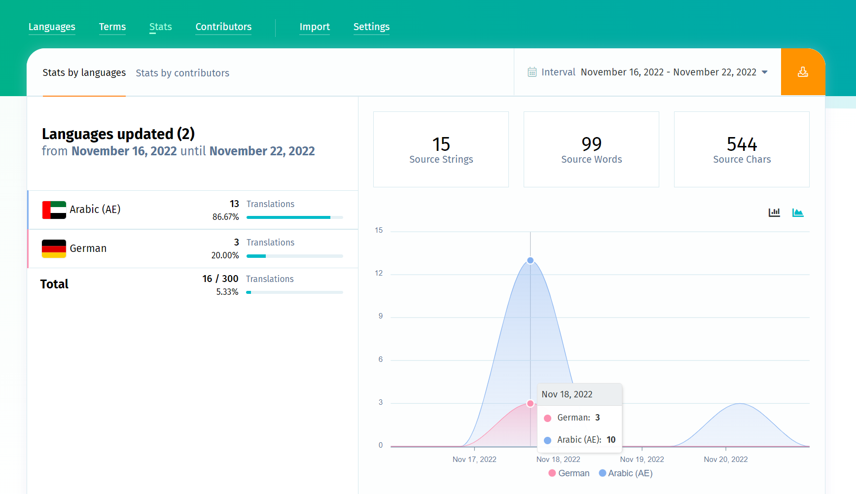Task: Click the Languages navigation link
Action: [52, 27]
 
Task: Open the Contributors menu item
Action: [223, 27]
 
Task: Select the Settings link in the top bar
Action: [371, 27]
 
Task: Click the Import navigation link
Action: [315, 27]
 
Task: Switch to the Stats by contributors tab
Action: [182, 73]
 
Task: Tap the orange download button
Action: [803, 72]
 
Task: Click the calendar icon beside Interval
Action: [532, 72]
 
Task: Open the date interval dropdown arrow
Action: [765, 72]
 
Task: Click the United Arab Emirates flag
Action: [54, 210]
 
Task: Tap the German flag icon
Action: [54, 248]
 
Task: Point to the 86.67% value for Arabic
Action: [225, 217]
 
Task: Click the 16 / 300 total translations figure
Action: [220, 279]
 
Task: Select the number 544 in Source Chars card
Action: [742, 144]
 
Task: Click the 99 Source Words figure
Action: [591, 144]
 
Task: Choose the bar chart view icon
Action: [774, 212]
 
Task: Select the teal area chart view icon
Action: [798, 212]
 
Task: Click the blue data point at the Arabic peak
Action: [530, 260]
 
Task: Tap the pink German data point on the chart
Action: [530, 403]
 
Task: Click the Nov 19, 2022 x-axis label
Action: [642, 459]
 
